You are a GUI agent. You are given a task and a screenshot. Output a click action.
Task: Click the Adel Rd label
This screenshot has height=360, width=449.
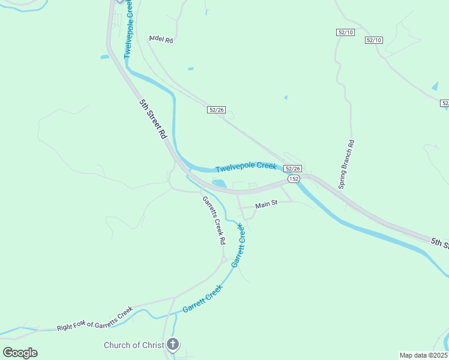tap(161, 40)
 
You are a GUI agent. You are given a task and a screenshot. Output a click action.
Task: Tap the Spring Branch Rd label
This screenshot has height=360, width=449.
tap(346, 164)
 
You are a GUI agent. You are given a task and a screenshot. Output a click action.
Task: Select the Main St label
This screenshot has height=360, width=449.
tap(266, 204)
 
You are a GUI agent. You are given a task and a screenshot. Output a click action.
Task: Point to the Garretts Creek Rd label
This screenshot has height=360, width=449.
tap(213, 220)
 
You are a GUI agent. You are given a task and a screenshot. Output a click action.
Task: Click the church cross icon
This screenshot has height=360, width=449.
tap(173, 344)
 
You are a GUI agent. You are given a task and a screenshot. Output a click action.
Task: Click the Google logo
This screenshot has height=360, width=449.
tap(20, 352)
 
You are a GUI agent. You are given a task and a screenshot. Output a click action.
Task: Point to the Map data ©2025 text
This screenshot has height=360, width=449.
tap(424, 355)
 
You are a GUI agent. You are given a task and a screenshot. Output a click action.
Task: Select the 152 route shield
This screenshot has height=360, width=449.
tap(293, 179)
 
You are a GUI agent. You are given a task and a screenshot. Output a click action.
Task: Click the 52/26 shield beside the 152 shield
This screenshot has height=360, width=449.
tap(292, 169)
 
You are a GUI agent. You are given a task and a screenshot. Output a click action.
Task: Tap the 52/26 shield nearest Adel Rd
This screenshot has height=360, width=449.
tap(217, 109)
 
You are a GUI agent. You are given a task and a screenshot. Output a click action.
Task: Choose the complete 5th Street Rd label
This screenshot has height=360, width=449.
tap(152, 119)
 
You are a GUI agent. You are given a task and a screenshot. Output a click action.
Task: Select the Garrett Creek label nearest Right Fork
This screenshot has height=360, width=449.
tap(202, 298)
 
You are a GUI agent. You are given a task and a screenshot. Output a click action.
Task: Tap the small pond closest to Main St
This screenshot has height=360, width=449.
tap(219, 183)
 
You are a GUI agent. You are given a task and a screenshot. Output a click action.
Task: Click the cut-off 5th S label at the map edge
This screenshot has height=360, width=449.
tap(439, 242)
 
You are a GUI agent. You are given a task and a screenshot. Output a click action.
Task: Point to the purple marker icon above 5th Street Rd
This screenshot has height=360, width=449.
tap(119, 1)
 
